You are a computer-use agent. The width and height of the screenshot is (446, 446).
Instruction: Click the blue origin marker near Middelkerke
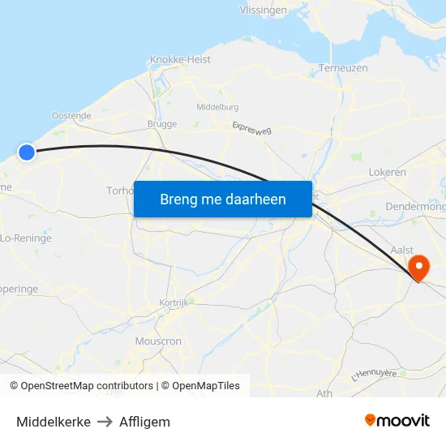coord(27,152)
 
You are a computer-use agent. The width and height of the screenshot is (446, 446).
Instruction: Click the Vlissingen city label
coord(263,11)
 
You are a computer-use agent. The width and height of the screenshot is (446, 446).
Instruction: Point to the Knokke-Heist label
coord(181,60)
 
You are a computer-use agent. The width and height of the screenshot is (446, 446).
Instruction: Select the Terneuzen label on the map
coord(345,68)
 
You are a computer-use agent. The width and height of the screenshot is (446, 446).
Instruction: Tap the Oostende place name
coord(71,116)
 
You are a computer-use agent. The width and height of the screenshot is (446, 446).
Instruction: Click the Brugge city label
coord(162,124)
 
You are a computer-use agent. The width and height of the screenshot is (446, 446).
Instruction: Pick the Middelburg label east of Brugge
coord(217,106)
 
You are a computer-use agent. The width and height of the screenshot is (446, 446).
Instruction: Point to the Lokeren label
coord(387,173)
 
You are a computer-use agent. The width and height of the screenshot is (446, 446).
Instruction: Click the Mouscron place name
coord(159,341)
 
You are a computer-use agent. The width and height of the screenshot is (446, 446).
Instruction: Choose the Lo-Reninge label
coord(26,238)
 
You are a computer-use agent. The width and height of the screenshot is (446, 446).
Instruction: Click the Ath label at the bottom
coord(324,393)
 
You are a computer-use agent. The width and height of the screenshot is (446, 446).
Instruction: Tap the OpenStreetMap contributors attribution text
coord(87,386)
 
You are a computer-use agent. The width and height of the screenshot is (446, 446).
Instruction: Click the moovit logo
coord(397,421)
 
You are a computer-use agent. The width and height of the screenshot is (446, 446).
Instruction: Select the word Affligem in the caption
coord(144,422)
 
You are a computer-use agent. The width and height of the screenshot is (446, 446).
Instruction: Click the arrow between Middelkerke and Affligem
coord(105,422)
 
